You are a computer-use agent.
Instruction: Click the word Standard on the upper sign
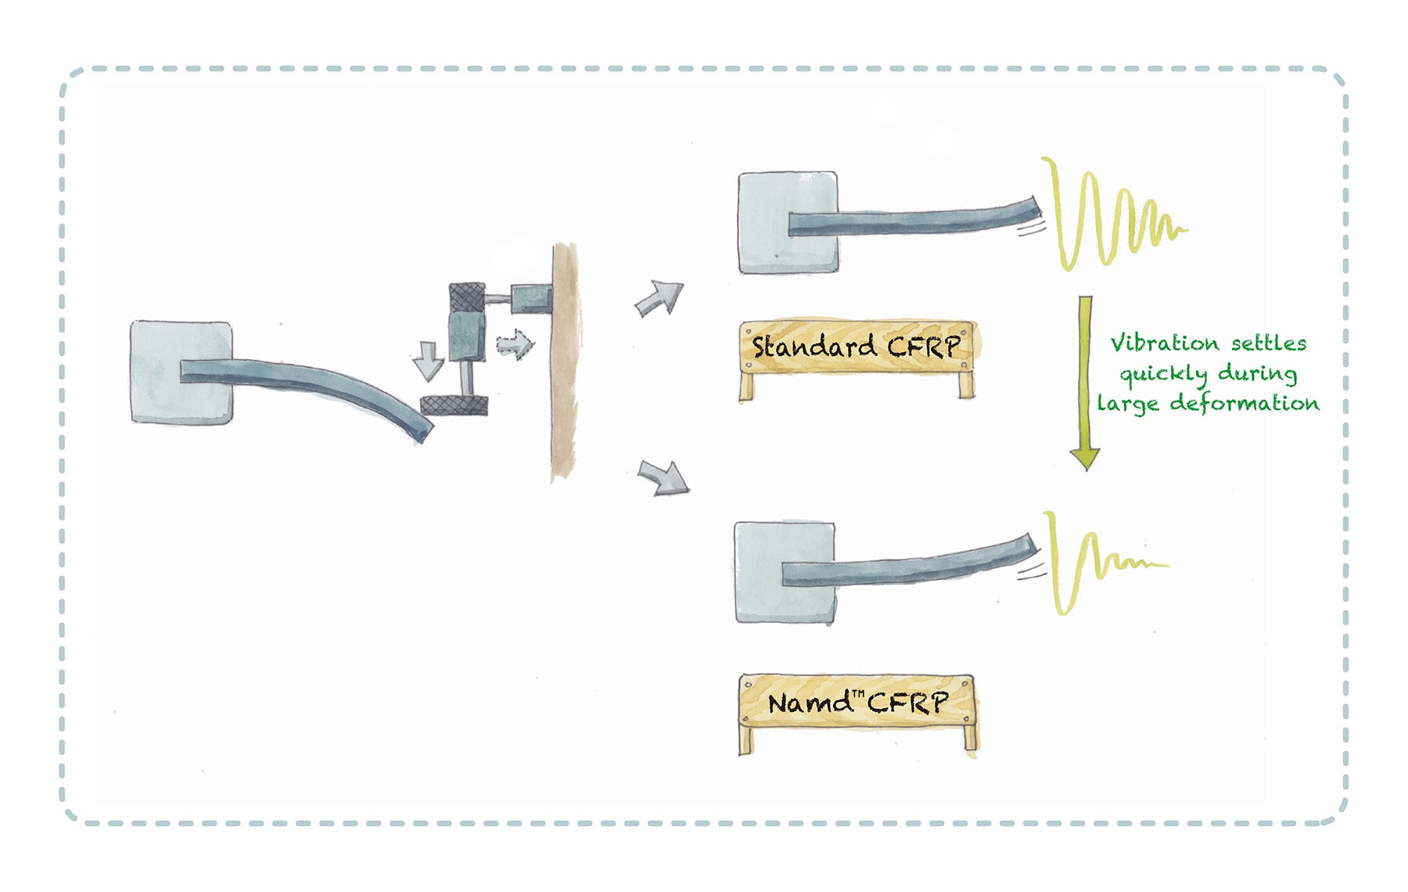pos(814,346)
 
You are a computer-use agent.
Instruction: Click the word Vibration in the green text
pos(1154,343)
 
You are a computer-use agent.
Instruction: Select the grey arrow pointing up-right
pos(659,298)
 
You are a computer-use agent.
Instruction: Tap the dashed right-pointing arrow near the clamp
pos(515,343)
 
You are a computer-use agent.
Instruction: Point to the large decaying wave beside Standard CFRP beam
pos(1111,215)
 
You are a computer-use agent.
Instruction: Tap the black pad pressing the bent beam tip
pos(454,405)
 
